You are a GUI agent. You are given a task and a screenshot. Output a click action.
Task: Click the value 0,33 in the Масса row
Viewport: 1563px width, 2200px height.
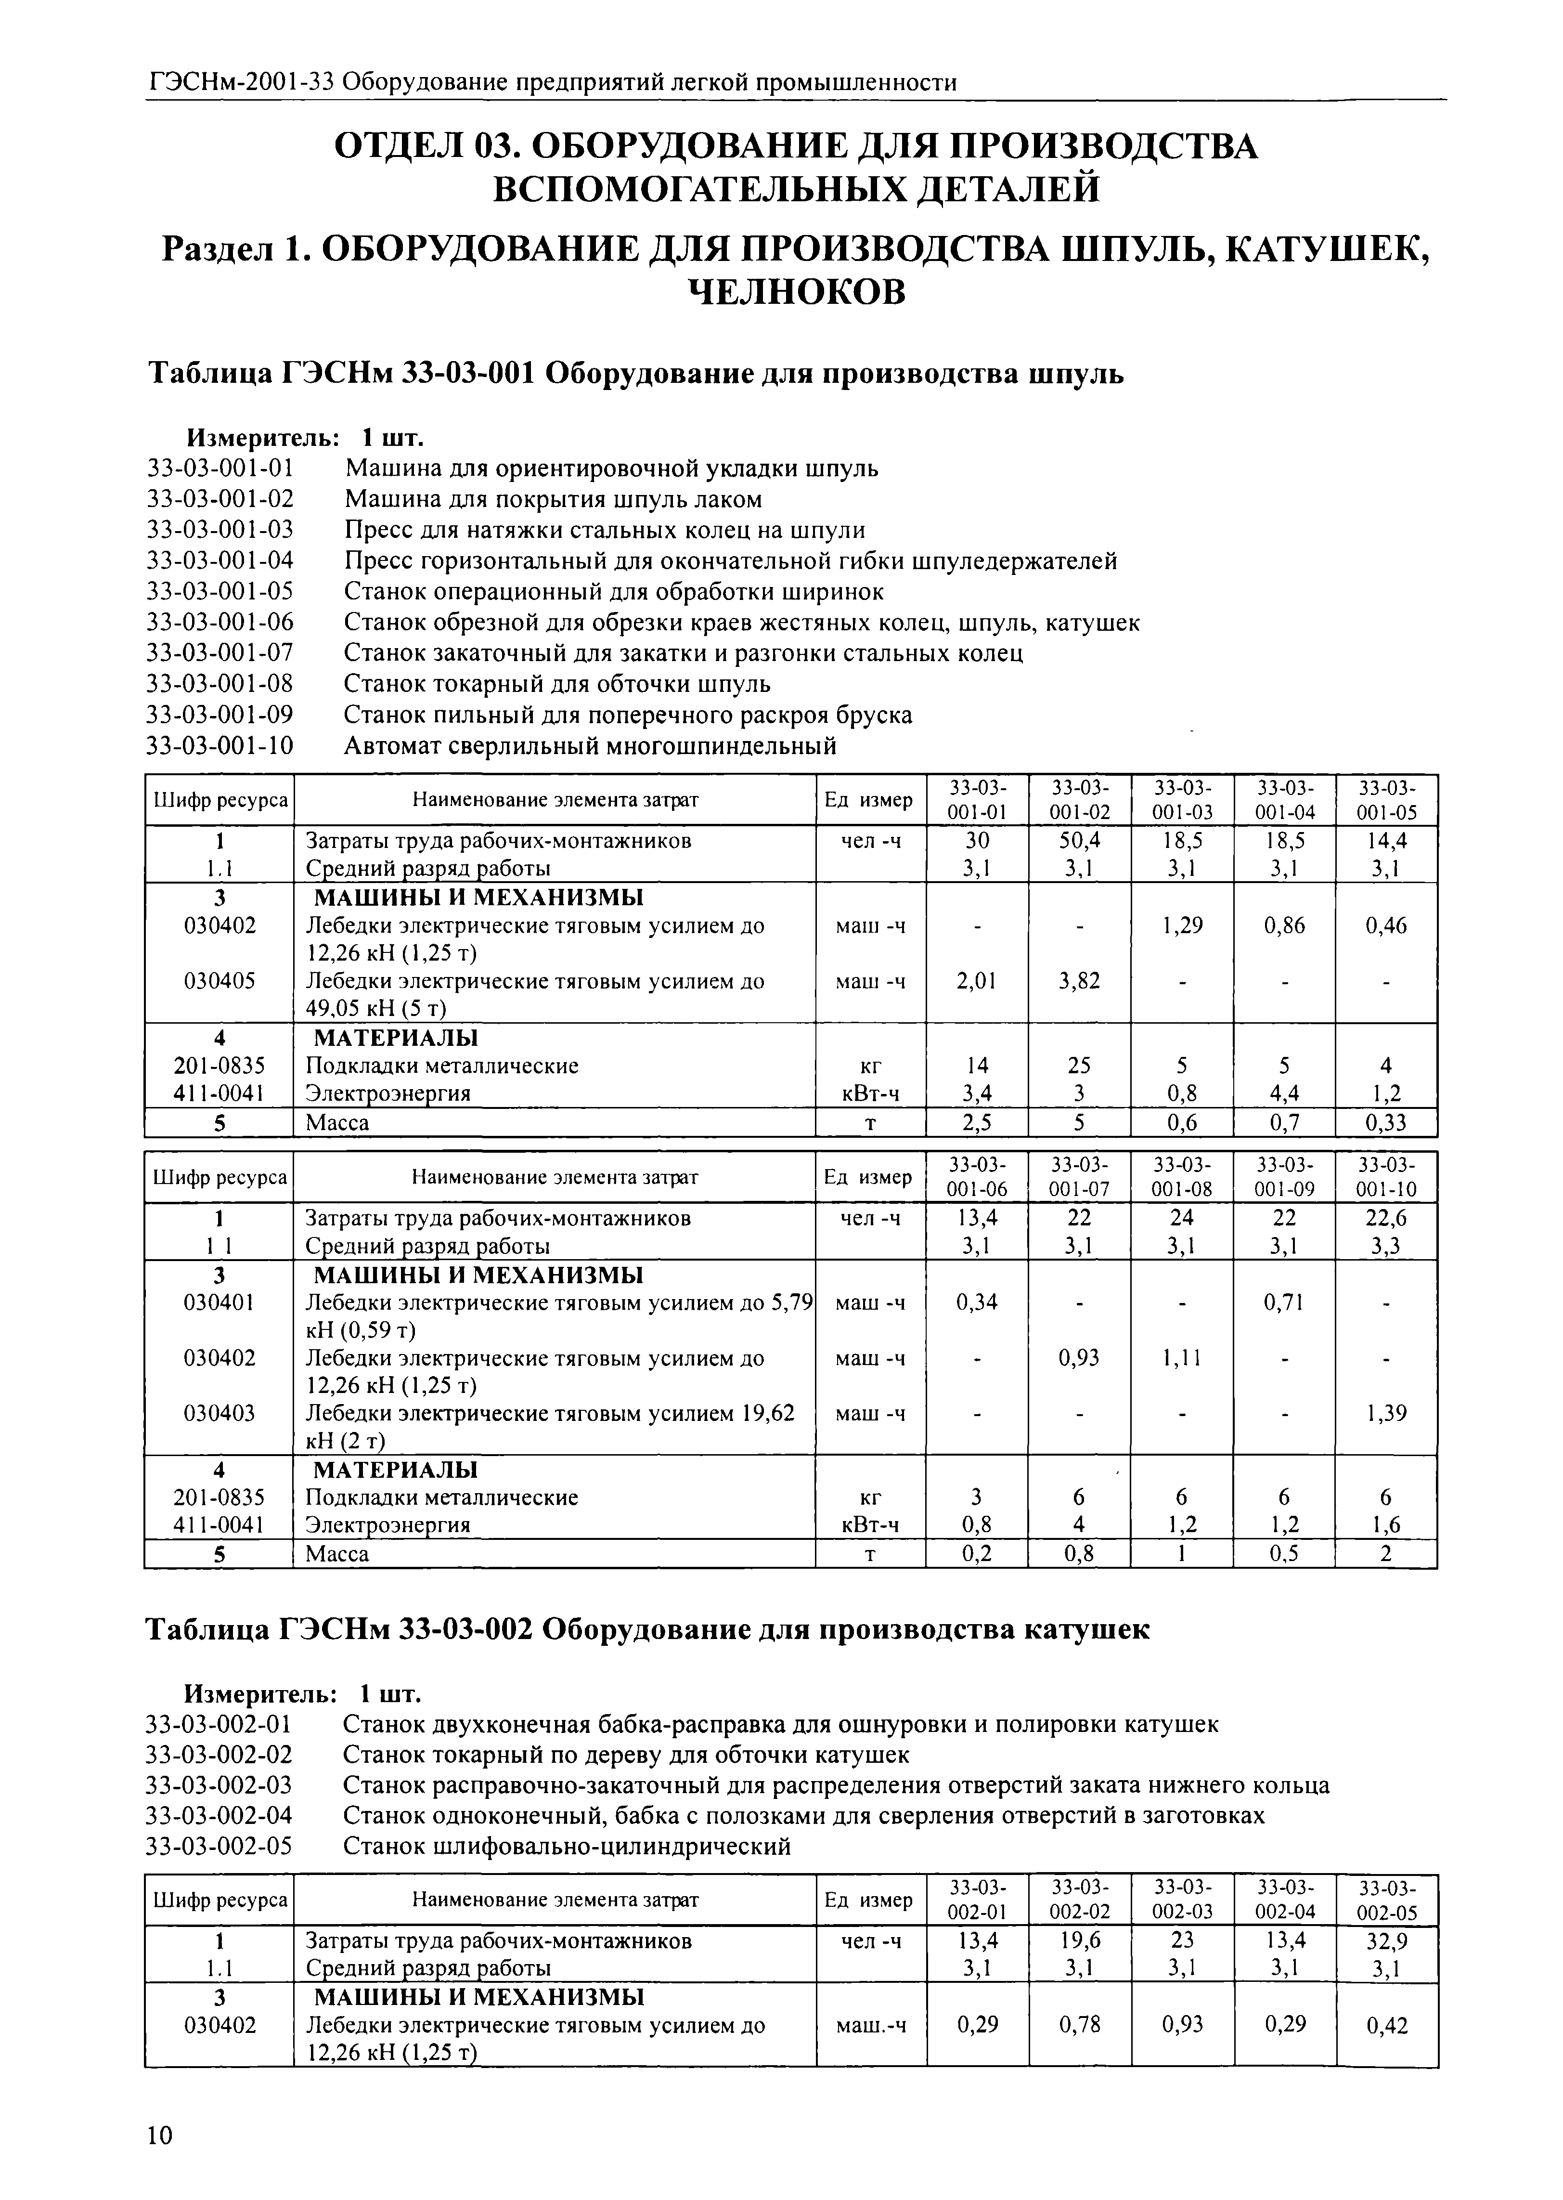coord(1386,1122)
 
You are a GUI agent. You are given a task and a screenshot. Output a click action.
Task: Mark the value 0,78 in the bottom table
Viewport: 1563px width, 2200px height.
coord(1079,2026)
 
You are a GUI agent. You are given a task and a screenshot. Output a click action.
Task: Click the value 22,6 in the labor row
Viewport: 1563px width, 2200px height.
coord(1386,1218)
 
